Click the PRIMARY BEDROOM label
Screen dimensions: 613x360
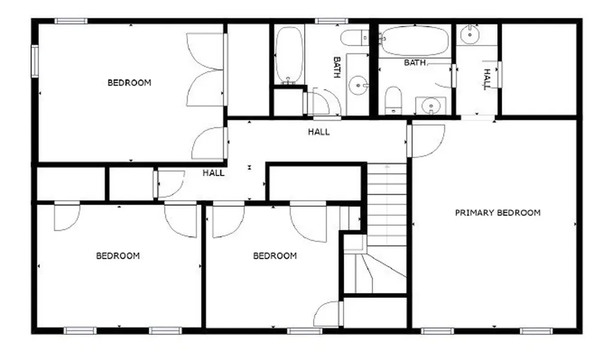[x=497, y=213]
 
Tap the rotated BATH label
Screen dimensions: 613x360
[x=337, y=67]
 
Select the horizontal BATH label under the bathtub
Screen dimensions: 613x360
[x=414, y=63]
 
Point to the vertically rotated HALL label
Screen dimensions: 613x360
[x=487, y=80]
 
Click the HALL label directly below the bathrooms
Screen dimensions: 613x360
[x=318, y=132]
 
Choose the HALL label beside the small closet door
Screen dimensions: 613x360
[x=214, y=173]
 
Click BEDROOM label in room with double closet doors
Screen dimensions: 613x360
[x=129, y=83]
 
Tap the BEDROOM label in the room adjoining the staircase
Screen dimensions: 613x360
[x=275, y=256]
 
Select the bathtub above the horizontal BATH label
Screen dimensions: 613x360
[x=415, y=40]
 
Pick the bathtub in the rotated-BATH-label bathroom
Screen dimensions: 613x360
[x=289, y=55]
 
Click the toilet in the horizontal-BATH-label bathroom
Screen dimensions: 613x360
[x=393, y=101]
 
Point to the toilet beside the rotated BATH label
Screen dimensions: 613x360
[x=354, y=38]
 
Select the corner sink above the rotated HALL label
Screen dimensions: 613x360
[x=469, y=35]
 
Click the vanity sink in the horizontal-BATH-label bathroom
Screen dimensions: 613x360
[x=430, y=105]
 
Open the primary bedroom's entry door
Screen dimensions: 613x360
[x=426, y=141]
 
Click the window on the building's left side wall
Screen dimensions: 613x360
[x=35, y=62]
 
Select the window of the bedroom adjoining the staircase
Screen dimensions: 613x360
[x=305, y=331]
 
